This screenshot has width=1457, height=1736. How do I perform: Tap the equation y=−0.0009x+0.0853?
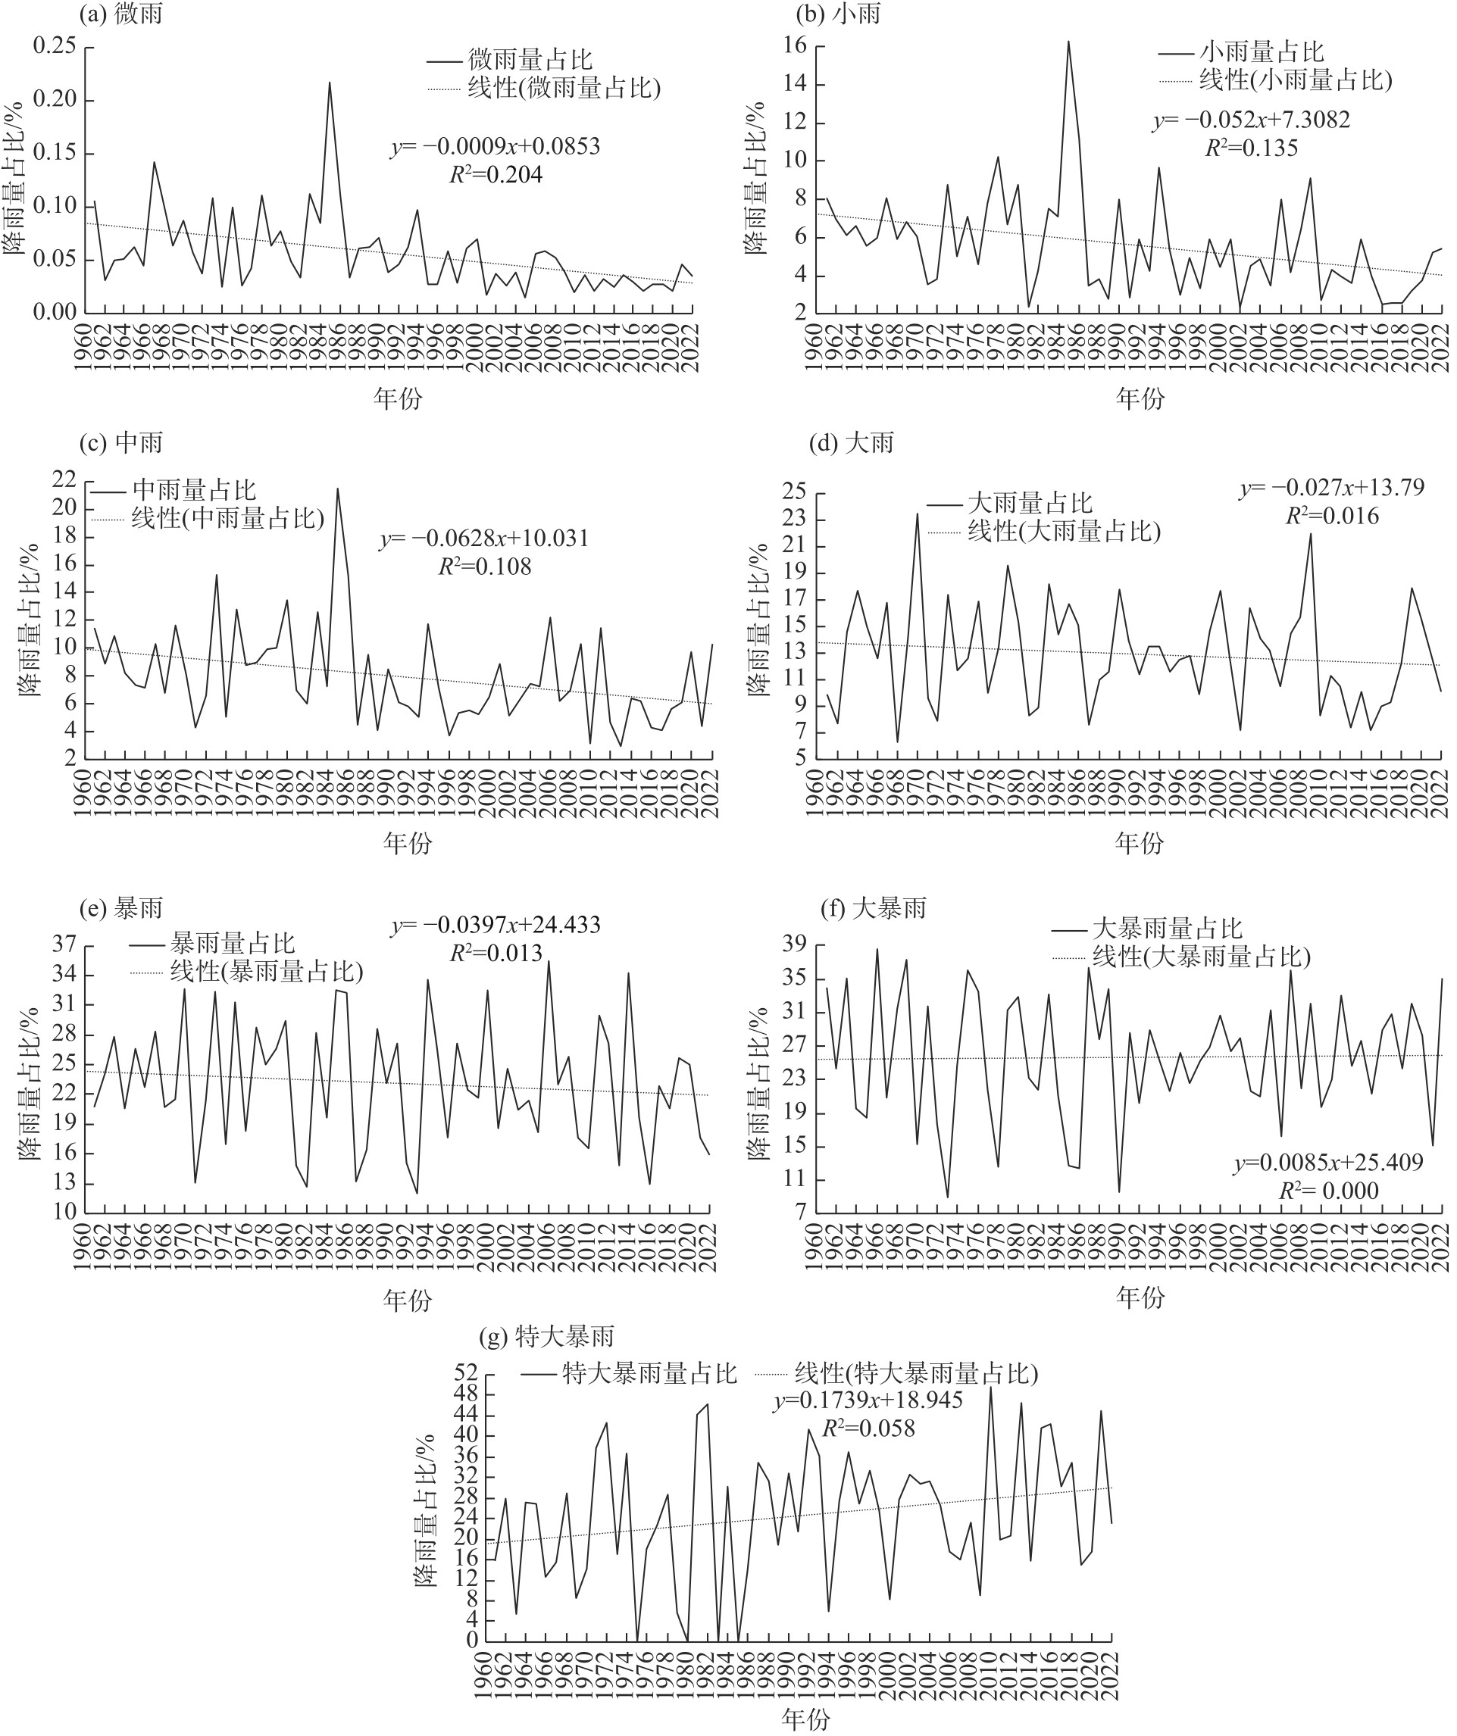tap(496, 147)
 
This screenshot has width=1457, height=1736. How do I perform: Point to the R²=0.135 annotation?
tap(1251, 148)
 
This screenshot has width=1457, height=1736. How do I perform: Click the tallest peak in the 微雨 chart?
tap(330, 83)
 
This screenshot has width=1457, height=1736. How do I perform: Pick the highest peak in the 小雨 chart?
tap(1068, 42)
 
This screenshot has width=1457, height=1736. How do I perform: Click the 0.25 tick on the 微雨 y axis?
tap(54, 47)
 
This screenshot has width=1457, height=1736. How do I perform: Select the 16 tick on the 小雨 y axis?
tap(795, 46)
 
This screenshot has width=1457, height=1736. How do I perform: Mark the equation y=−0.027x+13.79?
tap(1331, 488)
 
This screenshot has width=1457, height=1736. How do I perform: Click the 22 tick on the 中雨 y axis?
tap(64, 479)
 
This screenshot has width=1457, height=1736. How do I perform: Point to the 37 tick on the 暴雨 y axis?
tap(64, 944)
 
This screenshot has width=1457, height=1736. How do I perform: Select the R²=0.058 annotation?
tap(868, 1428)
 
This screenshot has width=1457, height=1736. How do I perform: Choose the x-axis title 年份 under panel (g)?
tap(805, 1719)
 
